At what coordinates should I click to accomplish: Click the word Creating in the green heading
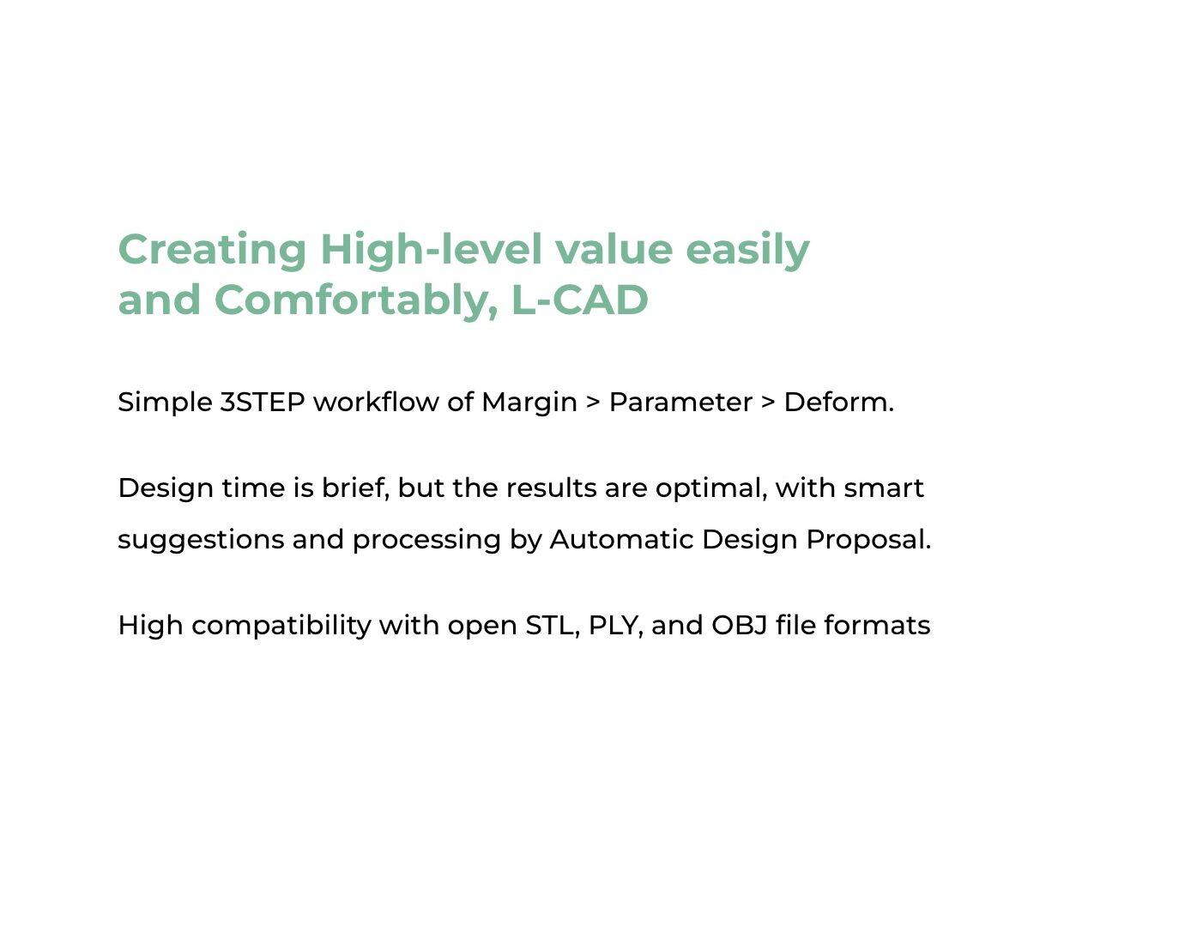(212, 251)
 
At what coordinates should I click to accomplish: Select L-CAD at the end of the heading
(580, 300)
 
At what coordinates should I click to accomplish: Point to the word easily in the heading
(747, 251)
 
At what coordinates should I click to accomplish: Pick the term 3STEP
(263, 402)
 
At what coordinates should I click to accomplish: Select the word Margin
(529, 403)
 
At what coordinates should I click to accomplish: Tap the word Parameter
(680, 402)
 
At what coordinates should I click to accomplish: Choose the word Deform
(838, 402)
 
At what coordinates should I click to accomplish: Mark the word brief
(355, 488)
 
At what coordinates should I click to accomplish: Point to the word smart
(884, 488)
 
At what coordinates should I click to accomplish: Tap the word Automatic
(621, 539)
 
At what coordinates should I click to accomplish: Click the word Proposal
(868, 541)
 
